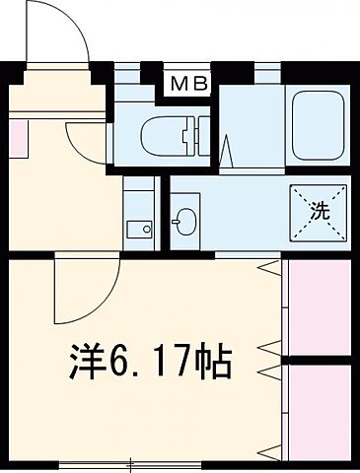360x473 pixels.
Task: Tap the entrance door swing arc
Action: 59,34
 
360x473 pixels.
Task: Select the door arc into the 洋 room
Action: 79,291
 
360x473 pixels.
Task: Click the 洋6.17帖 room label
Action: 150,361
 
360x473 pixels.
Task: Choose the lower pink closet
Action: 318,411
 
